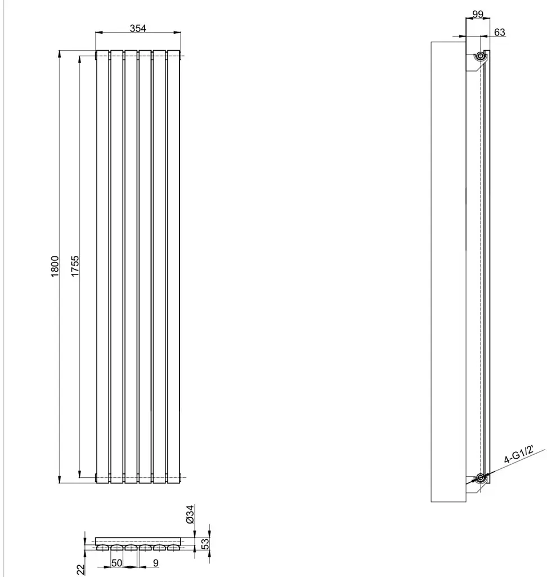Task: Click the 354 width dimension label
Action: click(x=138, y=28)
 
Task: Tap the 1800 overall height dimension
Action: click(x=55, y=266)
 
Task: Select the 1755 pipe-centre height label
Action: click(x=75, y=266)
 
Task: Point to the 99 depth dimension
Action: click(x=478, y=14)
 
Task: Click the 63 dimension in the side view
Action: click(x=500, y=32)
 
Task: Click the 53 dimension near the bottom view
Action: click(x=206, y=544)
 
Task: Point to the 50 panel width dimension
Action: click(x=116, y=563)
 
